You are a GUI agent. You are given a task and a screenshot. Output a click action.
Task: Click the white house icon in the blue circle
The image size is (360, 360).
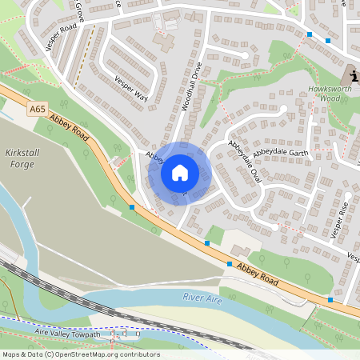coord(180,172)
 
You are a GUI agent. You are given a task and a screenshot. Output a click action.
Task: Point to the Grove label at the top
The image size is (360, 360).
coord(80,11)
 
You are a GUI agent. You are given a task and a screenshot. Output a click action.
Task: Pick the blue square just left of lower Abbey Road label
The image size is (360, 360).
coord(230,263)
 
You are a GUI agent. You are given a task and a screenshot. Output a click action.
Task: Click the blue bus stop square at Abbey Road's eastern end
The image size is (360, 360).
coord(330,300)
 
